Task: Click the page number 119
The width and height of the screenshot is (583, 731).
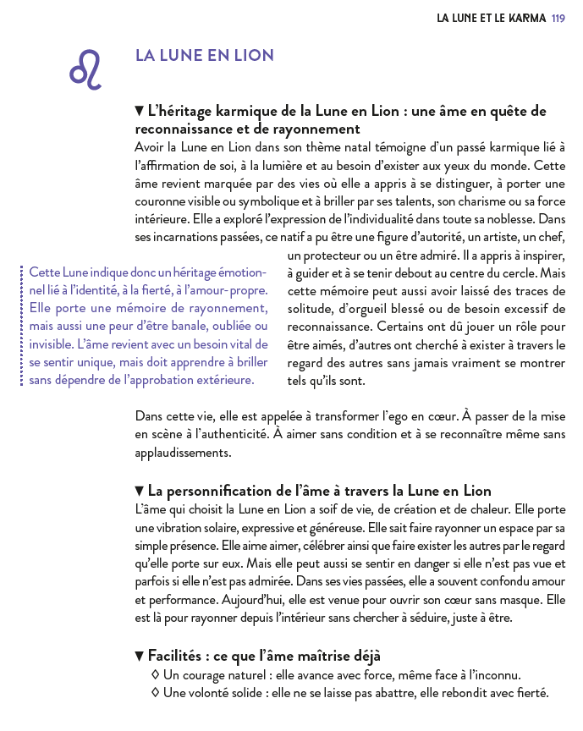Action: tap(558, 17)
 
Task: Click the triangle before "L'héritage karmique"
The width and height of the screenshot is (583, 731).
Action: tap(140, 111)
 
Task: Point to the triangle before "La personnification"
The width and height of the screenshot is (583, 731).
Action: tap(140, 492)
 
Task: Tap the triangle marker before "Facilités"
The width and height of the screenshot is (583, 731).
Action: tap(140, 656)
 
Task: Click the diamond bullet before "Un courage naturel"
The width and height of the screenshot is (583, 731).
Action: tap(155, 675)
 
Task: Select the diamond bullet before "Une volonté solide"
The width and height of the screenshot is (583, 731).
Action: tap(155, 693)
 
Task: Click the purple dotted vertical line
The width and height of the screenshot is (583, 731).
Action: tap(21, 326)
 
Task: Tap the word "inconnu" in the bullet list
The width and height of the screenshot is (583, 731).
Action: tap(494, 675)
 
